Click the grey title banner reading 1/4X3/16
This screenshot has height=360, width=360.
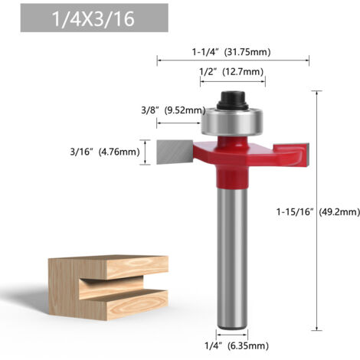(94, 18)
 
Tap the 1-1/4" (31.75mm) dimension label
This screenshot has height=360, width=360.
(231, 52)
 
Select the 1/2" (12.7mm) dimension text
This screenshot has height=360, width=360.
(231, 72)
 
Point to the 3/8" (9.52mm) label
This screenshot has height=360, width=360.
(173, 110)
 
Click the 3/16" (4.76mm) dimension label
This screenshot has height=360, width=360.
(105, 152)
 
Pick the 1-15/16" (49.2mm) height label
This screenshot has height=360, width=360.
(318, 212)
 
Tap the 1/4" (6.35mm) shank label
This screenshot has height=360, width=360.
(237, 346)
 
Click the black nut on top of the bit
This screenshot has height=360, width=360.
(232, 100)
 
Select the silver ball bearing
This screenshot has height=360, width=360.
(232, 121)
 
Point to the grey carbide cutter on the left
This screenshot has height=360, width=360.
(174, 152)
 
